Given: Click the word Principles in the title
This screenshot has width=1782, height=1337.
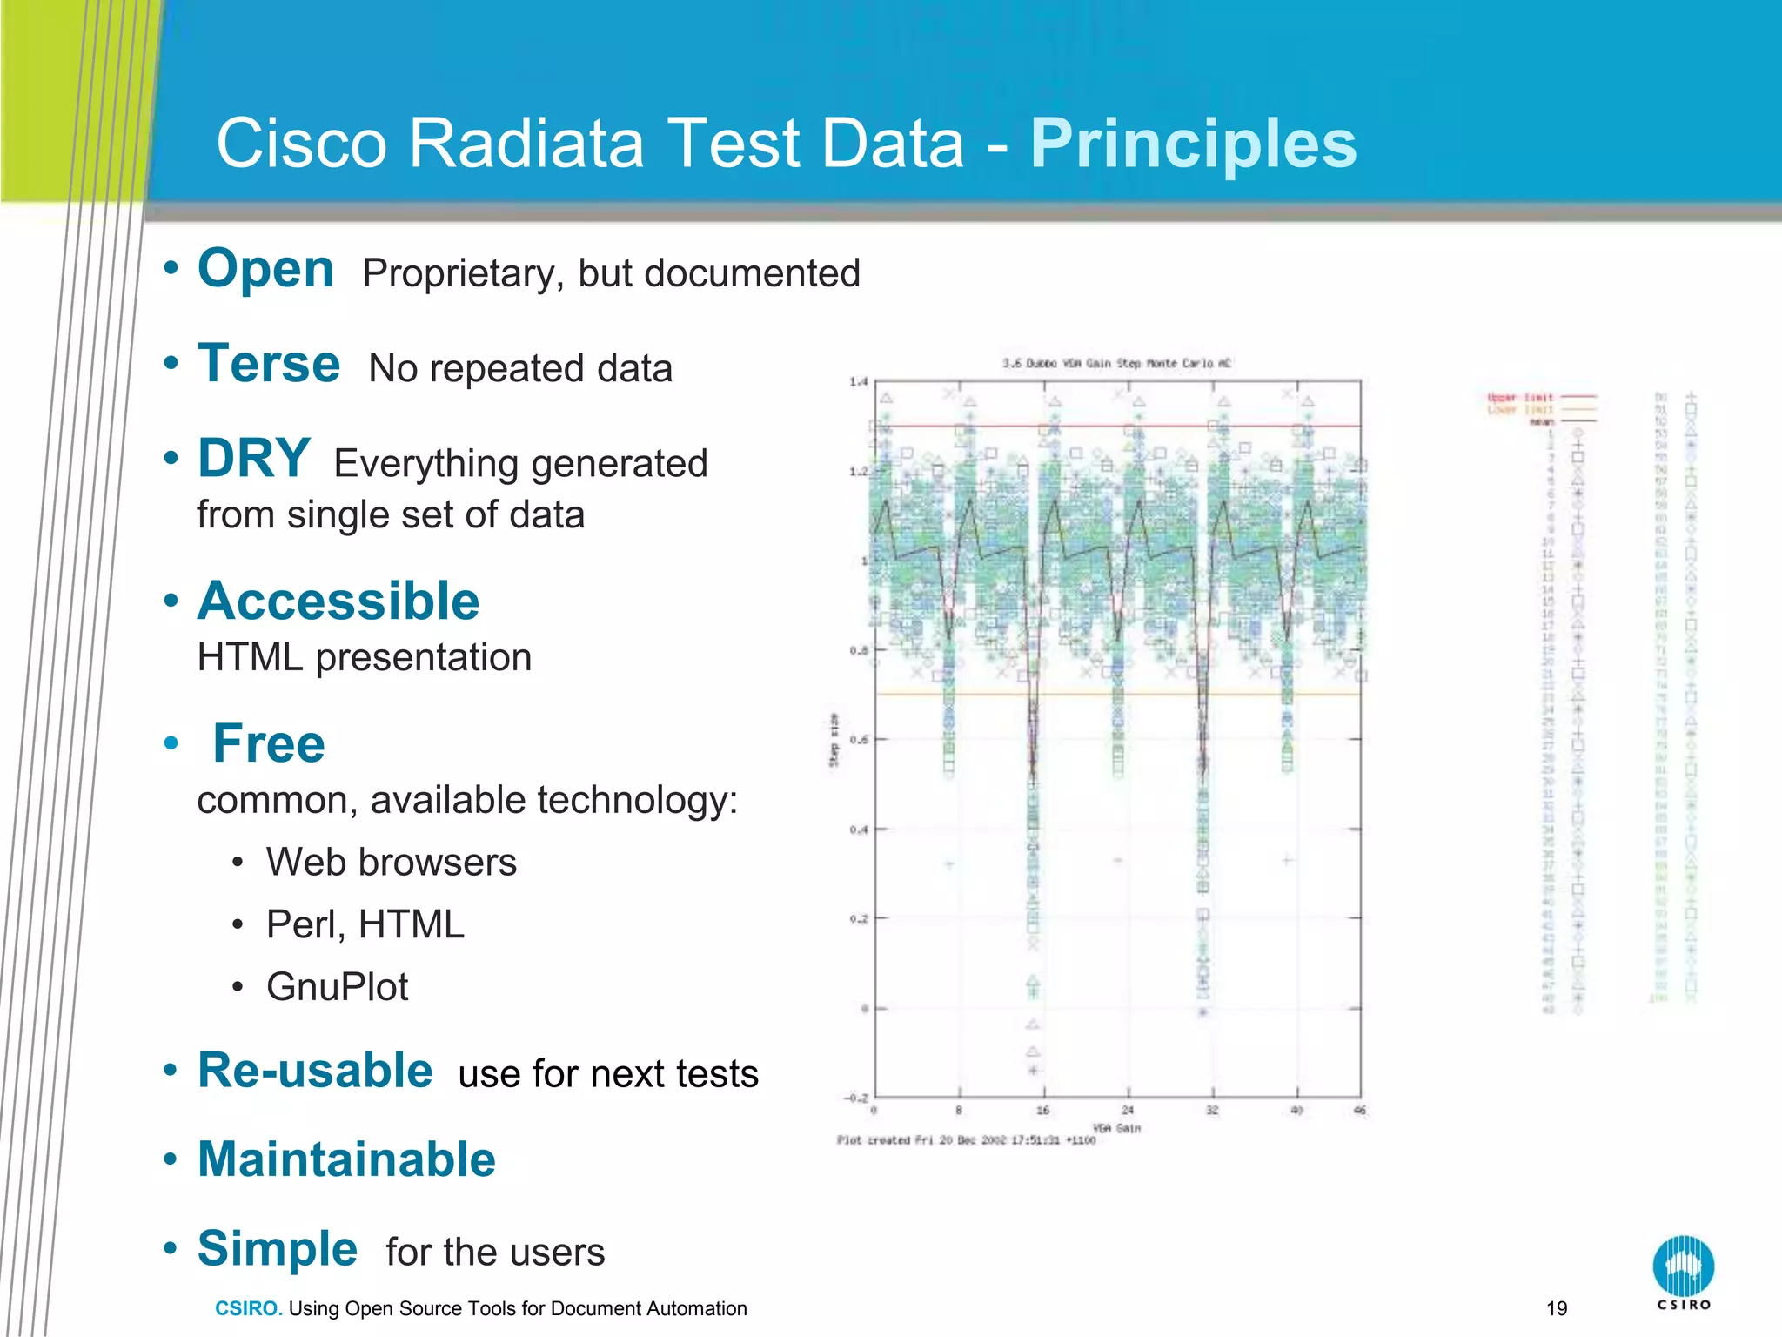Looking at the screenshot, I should pos(1193,144).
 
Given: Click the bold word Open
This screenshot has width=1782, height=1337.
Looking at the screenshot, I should pos(265,269).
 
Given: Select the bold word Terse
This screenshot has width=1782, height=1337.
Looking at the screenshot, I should pos(269,364).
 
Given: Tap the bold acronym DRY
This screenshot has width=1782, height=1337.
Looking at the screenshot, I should pos(253,459).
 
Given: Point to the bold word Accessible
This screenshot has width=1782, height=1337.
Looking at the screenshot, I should pos(338,601).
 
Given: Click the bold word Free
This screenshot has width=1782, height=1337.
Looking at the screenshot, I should pos(269,744).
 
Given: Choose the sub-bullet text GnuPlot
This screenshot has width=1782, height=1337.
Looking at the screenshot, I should pos(337,987).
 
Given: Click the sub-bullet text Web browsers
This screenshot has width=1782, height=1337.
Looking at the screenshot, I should pos(391,863).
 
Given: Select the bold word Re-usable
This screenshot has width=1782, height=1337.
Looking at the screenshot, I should pos(315,1071).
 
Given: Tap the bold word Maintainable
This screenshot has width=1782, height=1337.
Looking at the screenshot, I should pos(346,1160).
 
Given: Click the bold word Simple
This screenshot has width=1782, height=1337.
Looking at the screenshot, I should pos(278,1249).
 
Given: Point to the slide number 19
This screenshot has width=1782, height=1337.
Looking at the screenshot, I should pos(1557,1308).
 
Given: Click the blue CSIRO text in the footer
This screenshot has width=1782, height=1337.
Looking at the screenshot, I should pos(248,1308).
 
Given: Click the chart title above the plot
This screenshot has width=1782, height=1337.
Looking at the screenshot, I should pos(1116,363).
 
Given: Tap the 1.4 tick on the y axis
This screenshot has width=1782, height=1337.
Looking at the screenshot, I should pos(858,381).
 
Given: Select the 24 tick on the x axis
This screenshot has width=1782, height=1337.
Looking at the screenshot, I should pos(1127,1110).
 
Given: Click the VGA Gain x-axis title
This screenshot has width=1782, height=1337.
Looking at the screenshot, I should pos(1116,1128).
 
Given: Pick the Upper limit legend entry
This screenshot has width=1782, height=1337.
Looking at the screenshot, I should pos(1520,397).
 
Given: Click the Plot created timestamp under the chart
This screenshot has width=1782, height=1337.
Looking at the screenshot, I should pos(966,1140).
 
